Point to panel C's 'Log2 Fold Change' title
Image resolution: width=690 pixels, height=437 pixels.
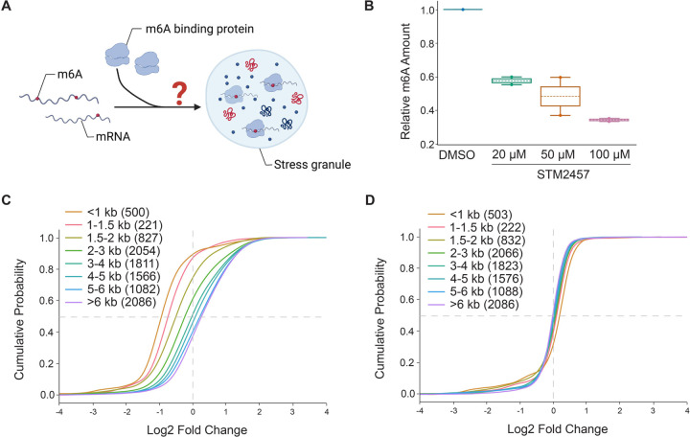pyautogui.click(x=193, y=425)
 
